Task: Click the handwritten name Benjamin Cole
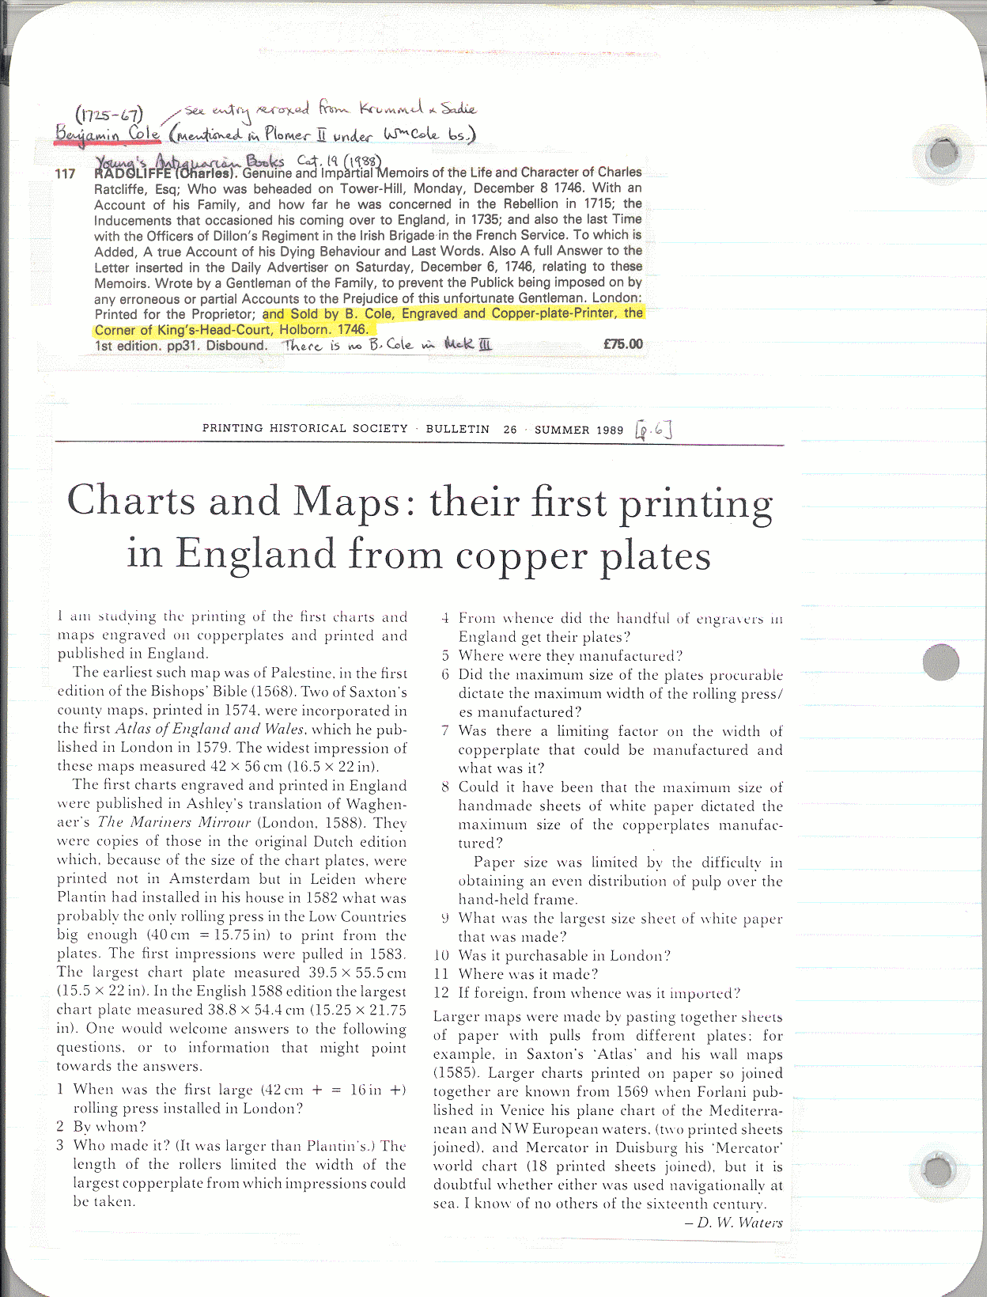(x=108, y=134)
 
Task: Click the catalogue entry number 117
(x=65, y=174)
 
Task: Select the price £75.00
(x=622, y=344)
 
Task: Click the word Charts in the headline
(x=130, y=502)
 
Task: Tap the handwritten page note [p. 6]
(x=653, y=430)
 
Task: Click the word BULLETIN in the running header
(x=458, y=429)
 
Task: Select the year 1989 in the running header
(x=610, y=430)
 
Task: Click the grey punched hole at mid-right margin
(x=940, y=661)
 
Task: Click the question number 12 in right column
(x=441, y=993)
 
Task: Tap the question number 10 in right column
(x=441, y=956)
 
